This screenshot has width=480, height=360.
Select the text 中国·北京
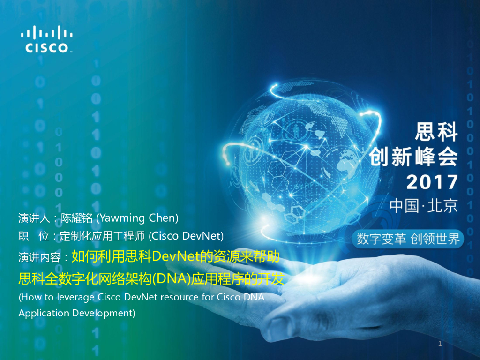pos(423,206)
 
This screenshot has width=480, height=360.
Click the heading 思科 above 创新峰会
pos(436,131)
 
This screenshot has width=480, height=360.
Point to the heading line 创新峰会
pos(413,156)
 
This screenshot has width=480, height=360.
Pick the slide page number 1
pos(440,345)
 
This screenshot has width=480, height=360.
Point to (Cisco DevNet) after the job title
pos(186,236)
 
